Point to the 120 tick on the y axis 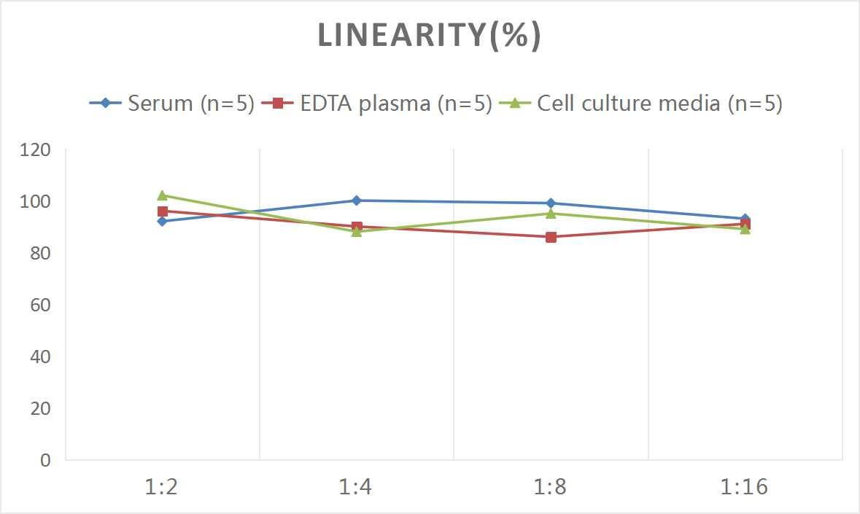tap(36, 150)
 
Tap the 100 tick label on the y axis tap(36, 202)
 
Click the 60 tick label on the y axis tap(39, 305)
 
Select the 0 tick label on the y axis tap(46, 460)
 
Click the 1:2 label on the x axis tap(162, 487)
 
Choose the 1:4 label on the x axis tap(356, 487)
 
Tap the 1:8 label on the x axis tap(551, 487)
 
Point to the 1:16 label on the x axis tap(745, 487)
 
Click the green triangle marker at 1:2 tap(162, 195)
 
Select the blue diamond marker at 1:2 tap(162, 221)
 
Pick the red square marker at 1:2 tap(162, 211)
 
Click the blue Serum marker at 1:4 tap(356, 200)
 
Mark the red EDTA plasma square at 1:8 tap(551, 237)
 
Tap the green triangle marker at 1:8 tap(551, 214)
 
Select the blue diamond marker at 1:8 tap(551, 203)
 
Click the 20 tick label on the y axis tap(39, 408)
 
